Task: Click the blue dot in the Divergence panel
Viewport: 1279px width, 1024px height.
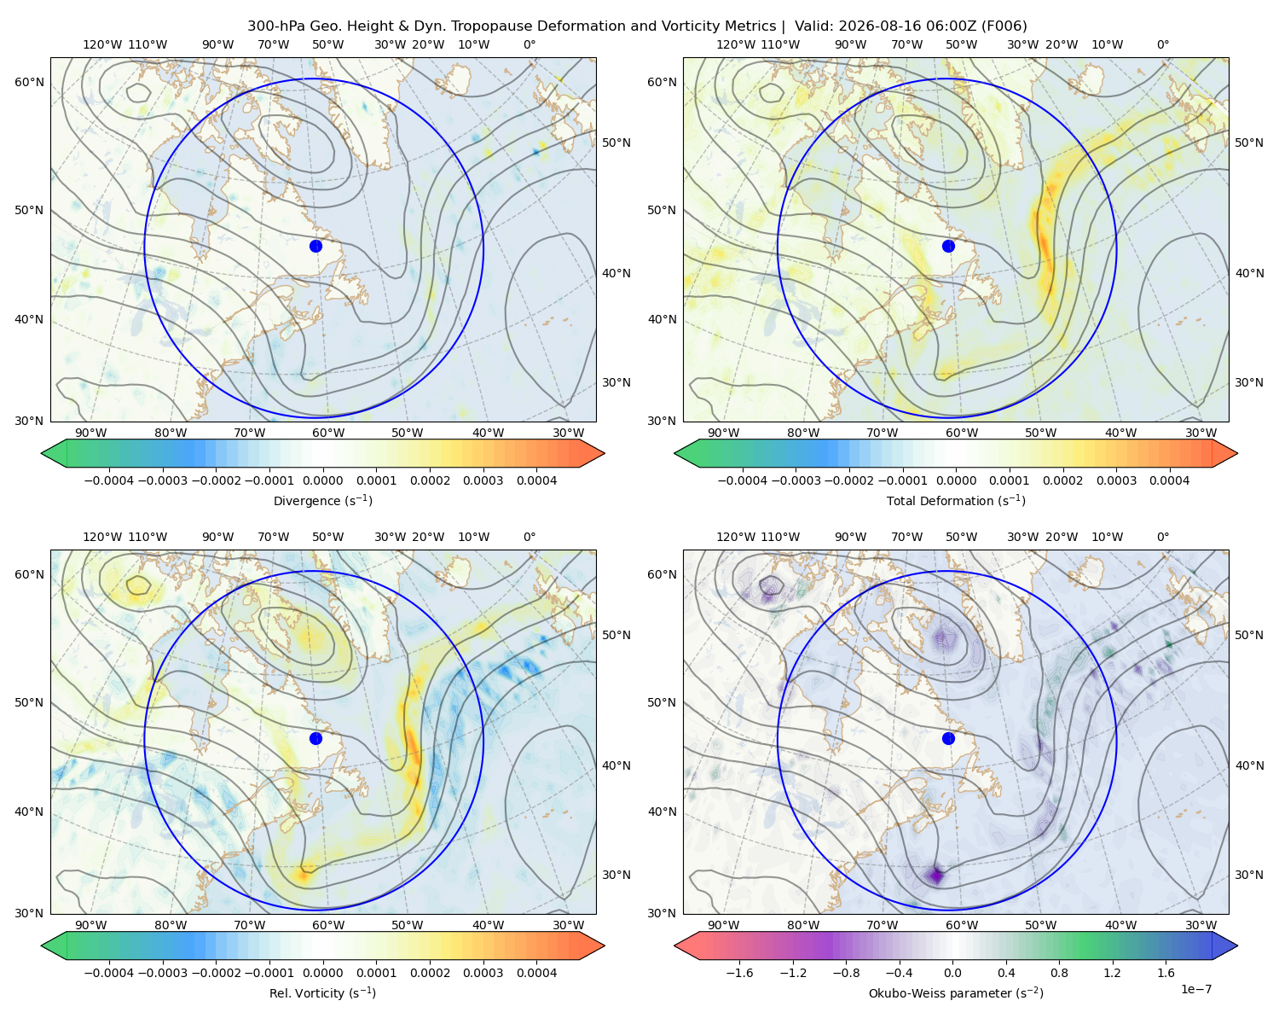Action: tap(315, 247)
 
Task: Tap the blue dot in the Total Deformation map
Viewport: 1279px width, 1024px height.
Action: tap(948, 247)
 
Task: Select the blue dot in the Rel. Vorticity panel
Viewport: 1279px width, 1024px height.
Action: tap(315, 738)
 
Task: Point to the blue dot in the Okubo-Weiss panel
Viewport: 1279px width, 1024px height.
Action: tap(948, 738)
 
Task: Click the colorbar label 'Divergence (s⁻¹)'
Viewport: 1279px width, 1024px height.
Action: tap(322, 500)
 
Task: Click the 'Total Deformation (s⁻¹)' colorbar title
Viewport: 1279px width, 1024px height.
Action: tap(956, 500)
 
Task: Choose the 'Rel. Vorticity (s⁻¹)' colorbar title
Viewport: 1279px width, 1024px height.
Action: tap(322, 993)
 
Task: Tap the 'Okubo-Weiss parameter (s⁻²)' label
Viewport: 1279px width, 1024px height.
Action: tap(956, 993)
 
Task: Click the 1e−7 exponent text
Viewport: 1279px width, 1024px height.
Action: tap(1195, 989)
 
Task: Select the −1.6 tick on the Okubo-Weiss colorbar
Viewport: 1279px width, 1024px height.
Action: tap(739, 973)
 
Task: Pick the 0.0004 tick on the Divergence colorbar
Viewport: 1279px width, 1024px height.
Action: tap(536, 480)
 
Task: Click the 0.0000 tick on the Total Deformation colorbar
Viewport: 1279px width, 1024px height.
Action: tap(957, 480)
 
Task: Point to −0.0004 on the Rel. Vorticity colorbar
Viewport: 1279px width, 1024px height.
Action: tap(109, 973)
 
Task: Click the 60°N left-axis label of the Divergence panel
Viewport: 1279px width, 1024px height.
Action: tap(29, 82)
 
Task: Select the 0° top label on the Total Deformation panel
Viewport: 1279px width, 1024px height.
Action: tap(1162, 44)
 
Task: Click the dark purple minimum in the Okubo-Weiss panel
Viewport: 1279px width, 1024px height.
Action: tap(937, 876)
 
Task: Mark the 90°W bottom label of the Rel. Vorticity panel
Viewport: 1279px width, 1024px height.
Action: tap(91, 925)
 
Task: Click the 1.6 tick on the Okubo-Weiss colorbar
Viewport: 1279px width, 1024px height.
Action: tap(1166, 973)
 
